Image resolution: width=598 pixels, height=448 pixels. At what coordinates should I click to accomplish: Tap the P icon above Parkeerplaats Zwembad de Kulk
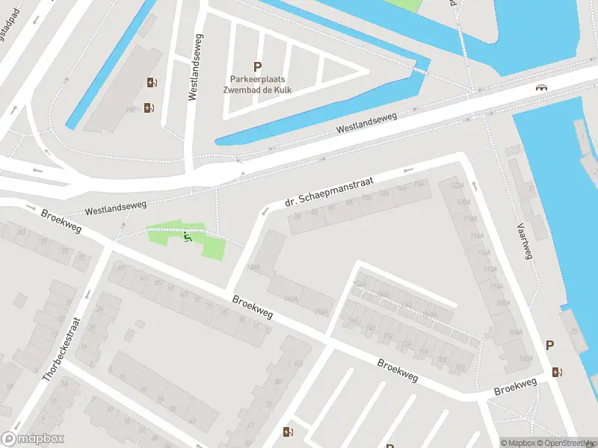click(258, 66)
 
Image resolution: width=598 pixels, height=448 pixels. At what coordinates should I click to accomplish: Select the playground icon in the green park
click(188, 238)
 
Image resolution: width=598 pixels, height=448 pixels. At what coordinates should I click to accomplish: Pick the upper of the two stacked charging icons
click(152, 83)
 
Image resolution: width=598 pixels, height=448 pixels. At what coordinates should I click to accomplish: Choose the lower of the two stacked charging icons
click(149, 108)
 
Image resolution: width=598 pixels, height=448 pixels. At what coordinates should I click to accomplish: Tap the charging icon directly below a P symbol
click(555, 371)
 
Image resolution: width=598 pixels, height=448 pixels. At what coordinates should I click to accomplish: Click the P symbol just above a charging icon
click(550, 345)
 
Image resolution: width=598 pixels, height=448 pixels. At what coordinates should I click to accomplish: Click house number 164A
click(253, 267)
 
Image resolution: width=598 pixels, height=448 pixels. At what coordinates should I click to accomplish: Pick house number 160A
click(291, 299)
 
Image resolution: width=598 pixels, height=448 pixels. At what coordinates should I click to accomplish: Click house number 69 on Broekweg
click(121, 268)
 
